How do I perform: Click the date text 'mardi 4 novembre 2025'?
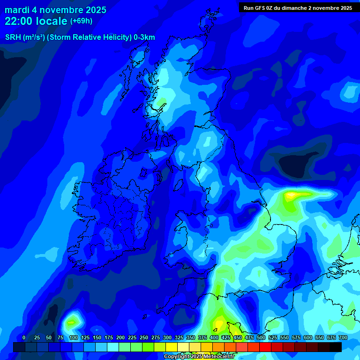(55, 10)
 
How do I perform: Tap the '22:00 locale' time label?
(36, 21)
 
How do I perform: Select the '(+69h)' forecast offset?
(81, 21)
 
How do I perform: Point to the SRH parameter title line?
(80, 37)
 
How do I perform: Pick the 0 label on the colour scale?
(24, 337)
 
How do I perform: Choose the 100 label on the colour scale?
(73, 337)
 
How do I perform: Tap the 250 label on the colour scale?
(144, 337)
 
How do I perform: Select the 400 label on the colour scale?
(214, 337)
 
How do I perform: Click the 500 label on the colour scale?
(261, 337)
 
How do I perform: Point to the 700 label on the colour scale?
(343, 337)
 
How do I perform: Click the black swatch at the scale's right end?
(336, 347)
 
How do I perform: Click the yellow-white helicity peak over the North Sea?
(292, 194)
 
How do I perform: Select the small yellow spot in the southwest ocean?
(71, 322)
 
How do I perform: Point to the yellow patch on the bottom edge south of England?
(218, 323)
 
